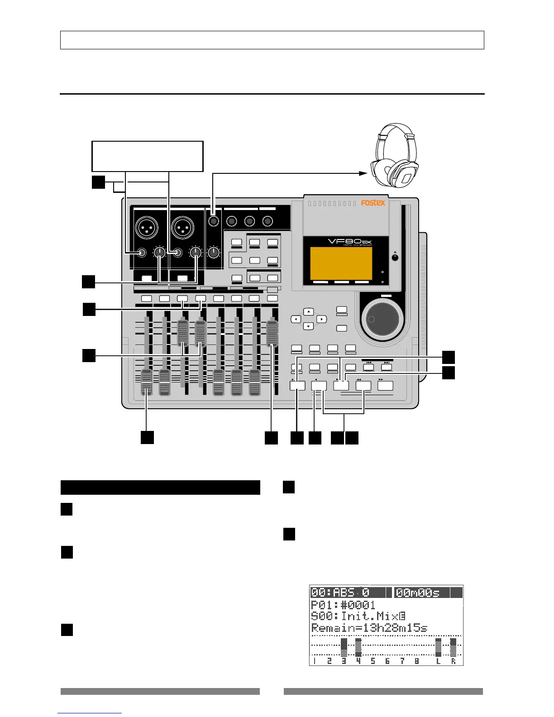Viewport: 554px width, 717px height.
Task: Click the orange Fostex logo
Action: [373, 203]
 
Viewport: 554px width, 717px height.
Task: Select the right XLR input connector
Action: [182, 225]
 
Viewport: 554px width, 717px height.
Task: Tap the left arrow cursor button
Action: [296, 319]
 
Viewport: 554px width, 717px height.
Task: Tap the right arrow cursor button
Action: [321, 319]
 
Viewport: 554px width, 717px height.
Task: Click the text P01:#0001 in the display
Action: [343, 605]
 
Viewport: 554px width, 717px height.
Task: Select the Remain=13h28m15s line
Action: [369, 628]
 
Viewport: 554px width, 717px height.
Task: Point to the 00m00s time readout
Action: [422, 593]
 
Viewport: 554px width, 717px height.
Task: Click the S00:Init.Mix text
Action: [358, 617]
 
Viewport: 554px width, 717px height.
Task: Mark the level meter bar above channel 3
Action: [344, 647]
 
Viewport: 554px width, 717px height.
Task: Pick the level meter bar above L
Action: [438, 647]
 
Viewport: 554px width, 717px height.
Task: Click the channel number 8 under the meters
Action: [416, 661]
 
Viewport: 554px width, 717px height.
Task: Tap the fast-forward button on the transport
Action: [385, 386]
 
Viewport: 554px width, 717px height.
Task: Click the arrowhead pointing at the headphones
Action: [364, 173]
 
